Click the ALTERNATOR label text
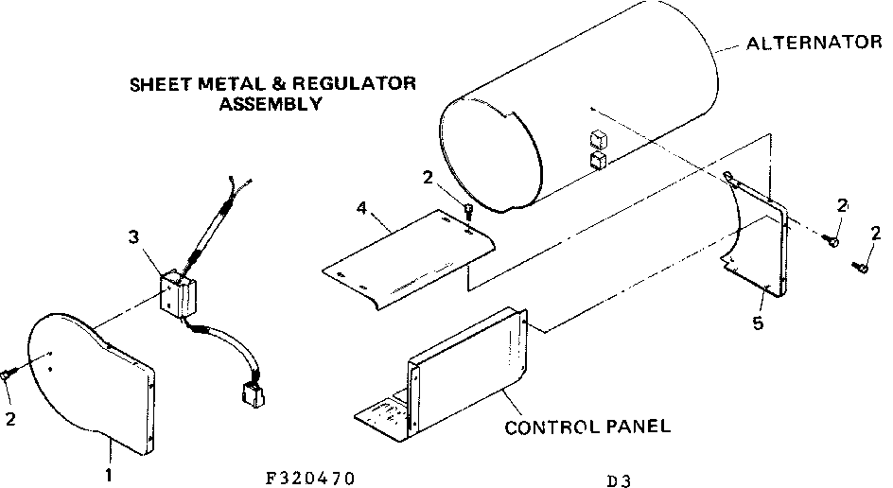click(x=814, y=44)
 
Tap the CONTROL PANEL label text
click(x=587, y=427)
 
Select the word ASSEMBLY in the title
click(x=270, y=104)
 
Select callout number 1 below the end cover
click(x=110, y=476)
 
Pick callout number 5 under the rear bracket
click(x=758, y=323)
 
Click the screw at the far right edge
click(x=865, y=268)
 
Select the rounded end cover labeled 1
click(x=90, y=378)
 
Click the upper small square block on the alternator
click(x=596, y=137)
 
